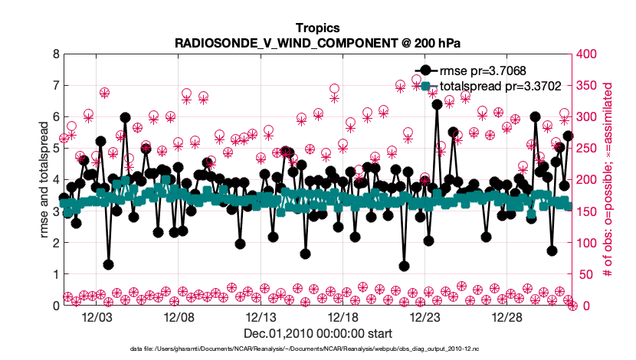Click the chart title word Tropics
317,28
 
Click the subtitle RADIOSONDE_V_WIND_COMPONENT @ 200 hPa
317,42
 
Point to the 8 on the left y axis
55,54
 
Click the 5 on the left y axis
55,149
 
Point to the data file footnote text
317,349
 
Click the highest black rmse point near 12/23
437,104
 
